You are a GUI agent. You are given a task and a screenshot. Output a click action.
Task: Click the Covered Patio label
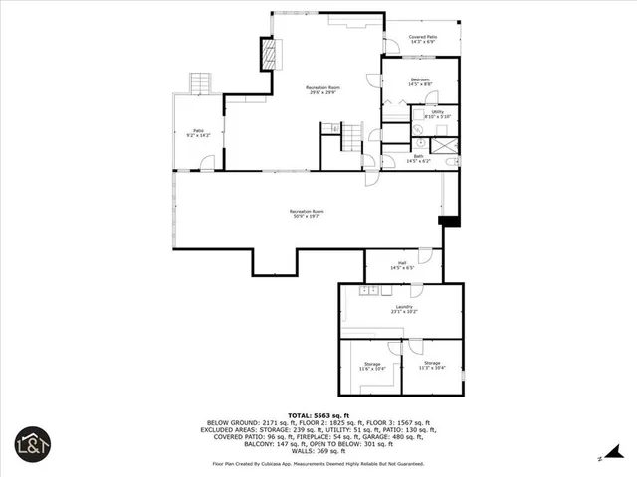point(422,39)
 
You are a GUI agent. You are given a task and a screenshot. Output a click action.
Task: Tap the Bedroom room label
point(420,81)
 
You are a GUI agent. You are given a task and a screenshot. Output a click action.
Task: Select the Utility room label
point(438,114)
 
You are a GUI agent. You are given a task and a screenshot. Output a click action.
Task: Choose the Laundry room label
point(403,309)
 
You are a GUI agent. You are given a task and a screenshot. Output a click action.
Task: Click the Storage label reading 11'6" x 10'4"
point(372,366)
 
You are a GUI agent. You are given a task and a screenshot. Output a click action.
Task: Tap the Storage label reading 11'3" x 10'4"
point(432,366)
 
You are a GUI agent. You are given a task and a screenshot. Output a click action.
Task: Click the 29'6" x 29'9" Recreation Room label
point(320,90)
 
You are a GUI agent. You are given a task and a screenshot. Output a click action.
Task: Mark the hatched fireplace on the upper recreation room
point(267,54)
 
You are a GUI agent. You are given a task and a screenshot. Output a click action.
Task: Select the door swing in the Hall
point(425,256)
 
